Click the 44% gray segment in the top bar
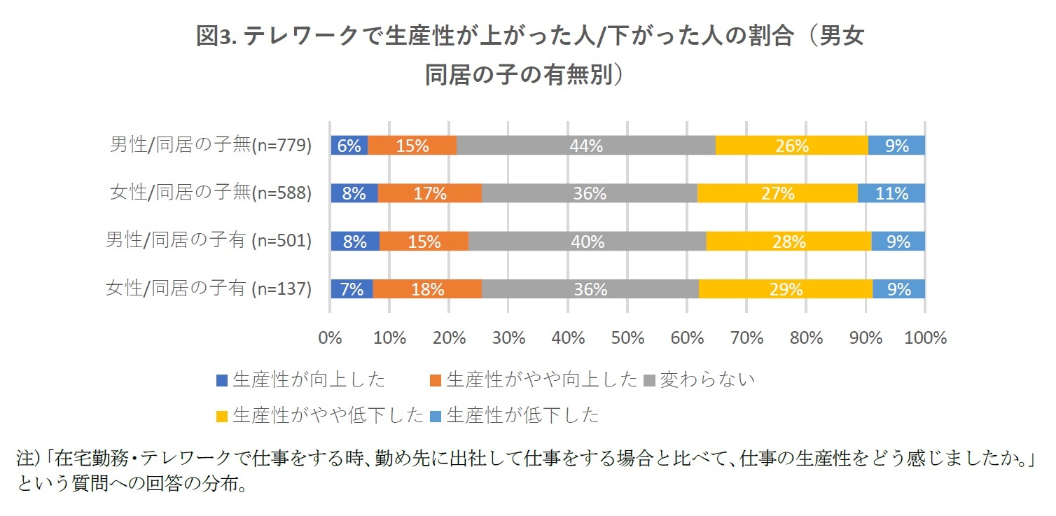click(x=586, y=146)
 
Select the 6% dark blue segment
click(x=349, y=146)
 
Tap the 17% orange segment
click(x=430, y=193)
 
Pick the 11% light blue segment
click(x=891, y=193)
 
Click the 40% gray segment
click(x=587, y=242)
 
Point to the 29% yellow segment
click(x=786, y=289)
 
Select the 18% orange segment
click(x=427, y=289)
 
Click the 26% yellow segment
click(x=791, y=146)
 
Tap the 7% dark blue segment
click(x=352, y=289)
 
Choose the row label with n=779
click(x=210, y=146)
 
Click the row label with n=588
click(x=210, y=193)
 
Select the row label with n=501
click(x=208, y=242)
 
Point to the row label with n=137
click(x=208, y=289)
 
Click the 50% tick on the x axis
click(x=627, y=338)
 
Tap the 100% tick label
click(x=924, y=338)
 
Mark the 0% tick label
click(x=330, y=338)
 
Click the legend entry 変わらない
click(x=700, y=379)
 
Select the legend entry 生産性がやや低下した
click(x=321, y=415)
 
